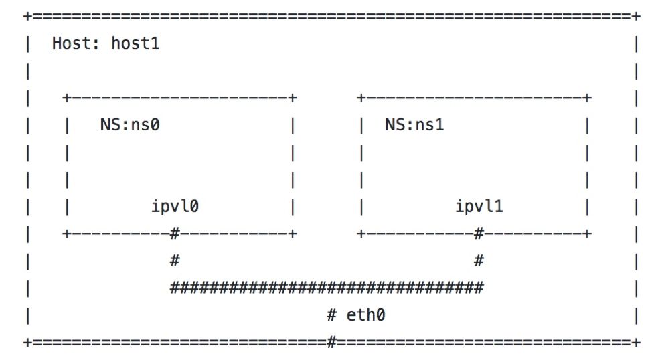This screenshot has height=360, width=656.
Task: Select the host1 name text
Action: point(135,44)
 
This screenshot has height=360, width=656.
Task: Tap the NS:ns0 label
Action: point(130,125)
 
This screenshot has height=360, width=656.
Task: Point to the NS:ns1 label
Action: point(414,125)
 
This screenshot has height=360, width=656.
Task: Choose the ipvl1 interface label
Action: point(479,207)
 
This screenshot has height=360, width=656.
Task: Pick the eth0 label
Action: point(365,315)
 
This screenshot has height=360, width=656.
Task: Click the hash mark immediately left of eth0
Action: point(331,315)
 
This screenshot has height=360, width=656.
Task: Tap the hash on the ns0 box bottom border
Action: point(175,234)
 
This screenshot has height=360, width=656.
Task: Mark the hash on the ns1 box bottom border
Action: point(479,234)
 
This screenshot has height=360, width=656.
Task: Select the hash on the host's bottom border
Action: point(331,343)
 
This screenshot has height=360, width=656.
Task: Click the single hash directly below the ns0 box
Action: point(175,261)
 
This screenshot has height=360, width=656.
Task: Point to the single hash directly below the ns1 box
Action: point(479,261)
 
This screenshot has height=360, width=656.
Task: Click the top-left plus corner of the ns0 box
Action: point(66,98)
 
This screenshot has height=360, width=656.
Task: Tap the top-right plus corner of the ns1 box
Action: point(587,98)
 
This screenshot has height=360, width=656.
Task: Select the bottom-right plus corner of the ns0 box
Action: point(293,234)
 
